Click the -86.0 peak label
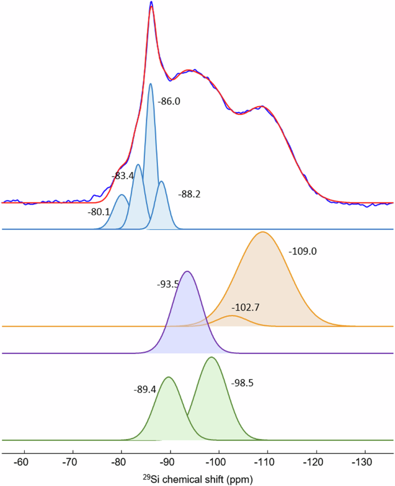[x=169, y=102]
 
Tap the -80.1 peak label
[x=99, y=212]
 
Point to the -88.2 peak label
[x=189, y=194]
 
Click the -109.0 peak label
[x=303, y=252]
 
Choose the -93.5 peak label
[x=168, y=284]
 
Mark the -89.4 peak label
[x=144, y=390]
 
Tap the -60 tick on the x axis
[x=21, y=462]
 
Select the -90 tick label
[x=168, y=462]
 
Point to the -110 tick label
[x=265, y=462]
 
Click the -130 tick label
[x=362, y=462]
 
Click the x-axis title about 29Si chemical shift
[x=197, y=478]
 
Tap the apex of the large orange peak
[x=263, y=232]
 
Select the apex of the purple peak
[x=187, y=271]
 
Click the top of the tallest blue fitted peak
[x=151, y=84]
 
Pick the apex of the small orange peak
[x=232, y=316]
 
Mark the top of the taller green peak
[x=212, y=357]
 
